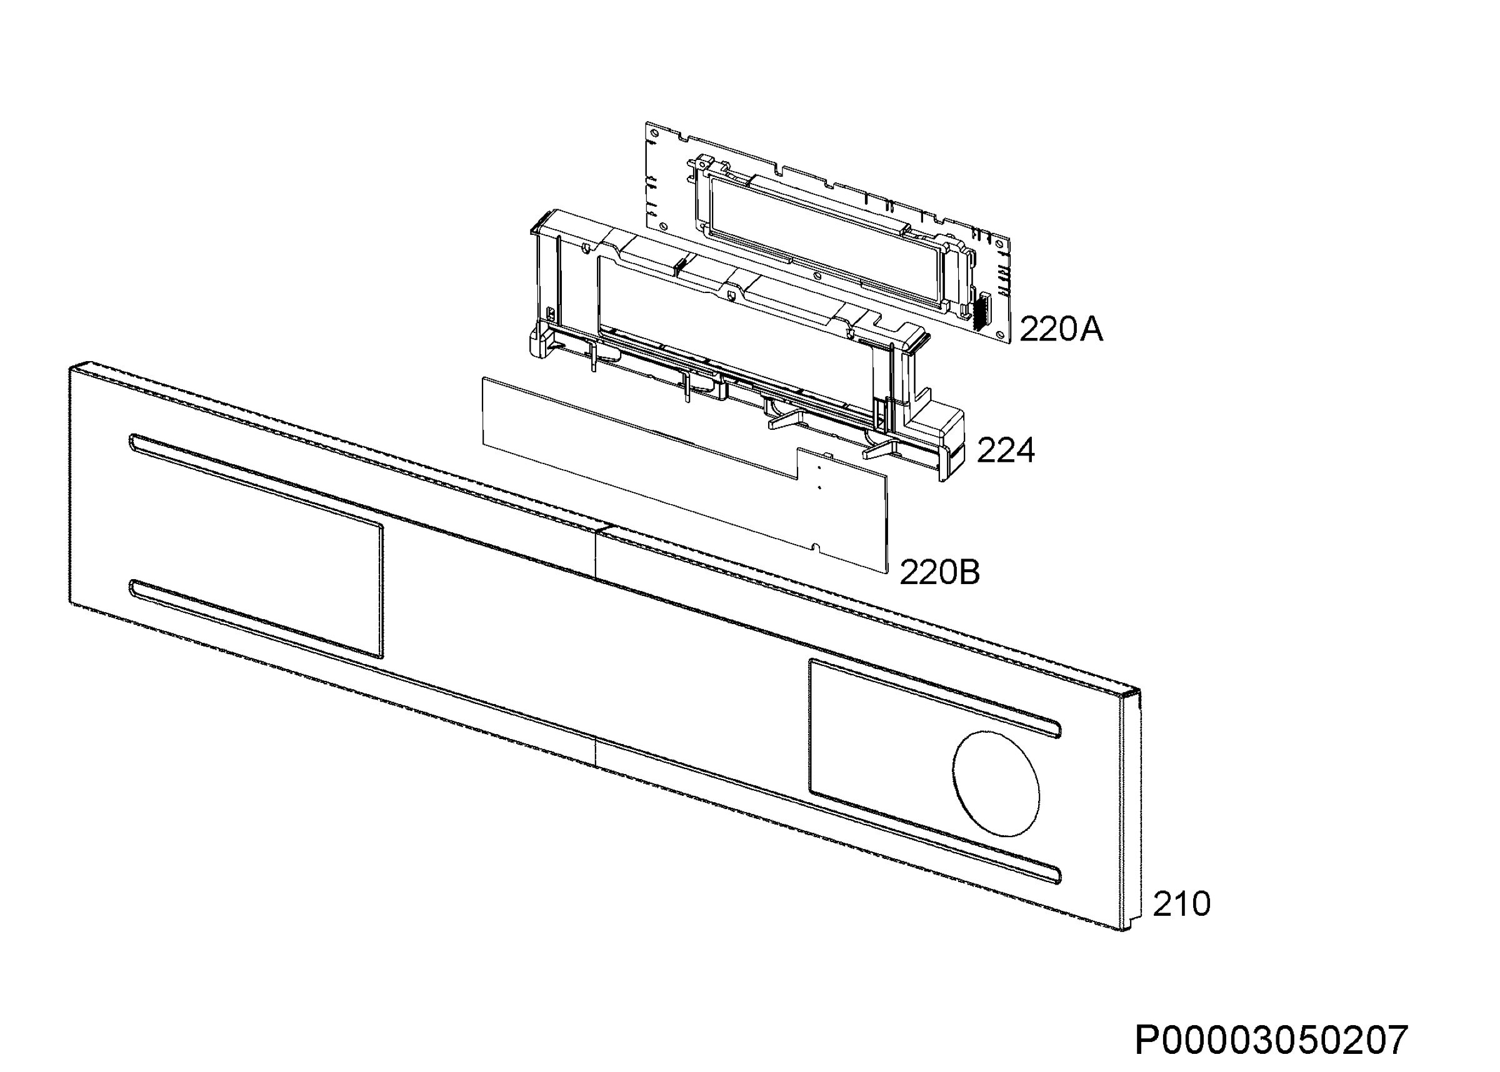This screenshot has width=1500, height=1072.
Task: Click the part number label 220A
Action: click(x=1061, y=329)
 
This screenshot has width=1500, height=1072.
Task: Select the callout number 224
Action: click(x=1006, y=451)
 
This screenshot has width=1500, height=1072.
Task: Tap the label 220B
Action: click(x=939, y=572)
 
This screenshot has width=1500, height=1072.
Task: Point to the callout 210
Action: click(x=1182, y=904)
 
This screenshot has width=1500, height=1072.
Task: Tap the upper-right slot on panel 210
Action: click(x=936, y=697)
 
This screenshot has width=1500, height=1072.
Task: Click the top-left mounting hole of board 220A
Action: click(x=654, y=132)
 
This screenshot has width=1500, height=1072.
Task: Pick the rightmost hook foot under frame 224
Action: click(x=877, y=449)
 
